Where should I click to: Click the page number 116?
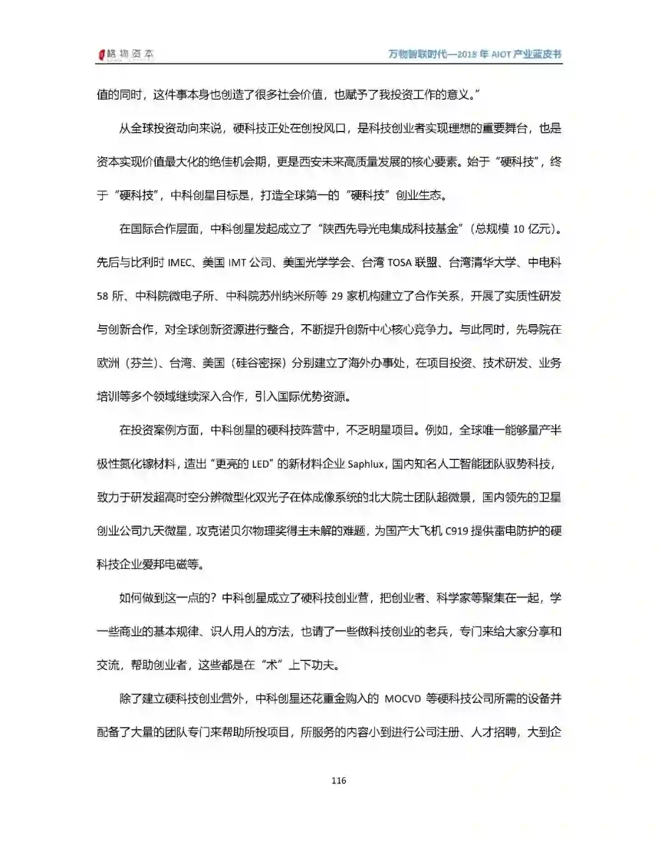[339, 780]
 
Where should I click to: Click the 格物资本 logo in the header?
[126, 54]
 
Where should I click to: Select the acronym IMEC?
[179, 263]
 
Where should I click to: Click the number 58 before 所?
[102, 296]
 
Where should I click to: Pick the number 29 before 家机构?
[338, 296]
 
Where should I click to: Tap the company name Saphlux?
[366, 464]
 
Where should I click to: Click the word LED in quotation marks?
[260, 464]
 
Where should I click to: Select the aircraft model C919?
[456, 531]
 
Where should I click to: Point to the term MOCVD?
[403, 699]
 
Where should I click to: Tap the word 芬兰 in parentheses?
[142, 363]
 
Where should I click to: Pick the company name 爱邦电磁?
[166, 565]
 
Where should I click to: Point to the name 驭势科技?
[531, 464]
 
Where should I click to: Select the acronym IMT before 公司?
[237, 263]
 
